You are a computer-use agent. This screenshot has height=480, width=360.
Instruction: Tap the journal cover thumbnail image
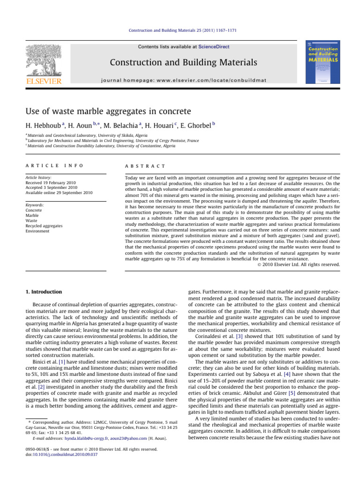pyautogui.click(x=323, y=64)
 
